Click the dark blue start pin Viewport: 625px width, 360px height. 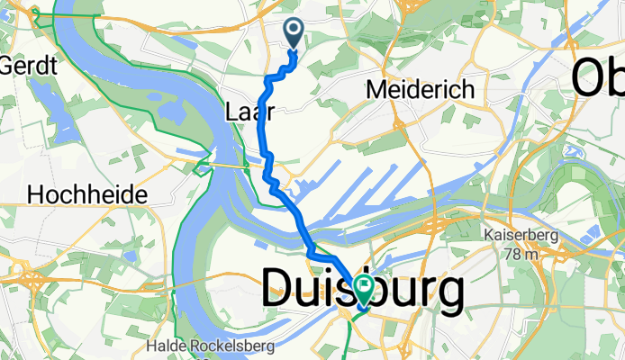point(294,33)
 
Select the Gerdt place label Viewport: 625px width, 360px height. point(31,66)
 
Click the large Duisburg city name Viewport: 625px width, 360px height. point(363,291)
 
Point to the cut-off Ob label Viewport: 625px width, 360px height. point(599,76)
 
